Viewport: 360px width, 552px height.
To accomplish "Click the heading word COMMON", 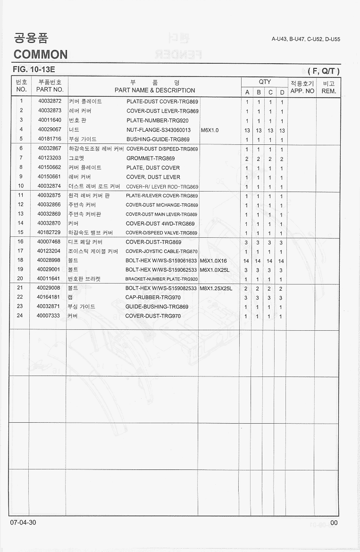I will click(x=41, y=54).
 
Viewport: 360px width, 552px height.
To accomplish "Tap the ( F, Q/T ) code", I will click(x=324, y=71).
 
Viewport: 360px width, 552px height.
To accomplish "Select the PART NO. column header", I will click(x=50, y=90).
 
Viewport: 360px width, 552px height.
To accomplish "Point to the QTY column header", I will click(x=265, y=82).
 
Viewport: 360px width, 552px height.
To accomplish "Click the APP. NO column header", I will click(x=302, y=90).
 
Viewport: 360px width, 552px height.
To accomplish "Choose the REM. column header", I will click(x=328, y=90).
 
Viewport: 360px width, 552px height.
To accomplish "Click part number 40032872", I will click(x=50, y=101).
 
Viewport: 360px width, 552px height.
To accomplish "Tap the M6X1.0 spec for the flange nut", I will click(x=210, y=130).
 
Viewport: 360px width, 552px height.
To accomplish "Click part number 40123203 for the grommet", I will click(x=50, y=158).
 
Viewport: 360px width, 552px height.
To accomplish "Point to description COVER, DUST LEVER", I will click(x=153, y=177).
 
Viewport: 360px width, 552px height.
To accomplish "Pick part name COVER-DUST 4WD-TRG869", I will click(x=160, y=224).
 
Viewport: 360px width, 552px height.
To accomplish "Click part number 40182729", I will click(x=50, y=233).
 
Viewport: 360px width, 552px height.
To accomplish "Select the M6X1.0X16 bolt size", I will click(x=214, y=260).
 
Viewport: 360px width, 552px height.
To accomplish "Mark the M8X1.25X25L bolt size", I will click(x=216, y=288).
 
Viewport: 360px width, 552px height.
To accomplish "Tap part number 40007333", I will click(x=50, y=316).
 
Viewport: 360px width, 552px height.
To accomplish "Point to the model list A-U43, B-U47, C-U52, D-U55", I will click(x=306, y=39).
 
